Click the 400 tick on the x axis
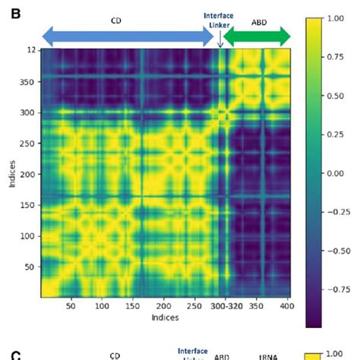pyautogui.click(x=286, y=306)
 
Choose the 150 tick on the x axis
pyautogui.click(x=133, y=306)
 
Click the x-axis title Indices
pyautogui.click(x=165, y=317)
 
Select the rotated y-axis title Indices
pyautogui.click(x=9, y=174)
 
